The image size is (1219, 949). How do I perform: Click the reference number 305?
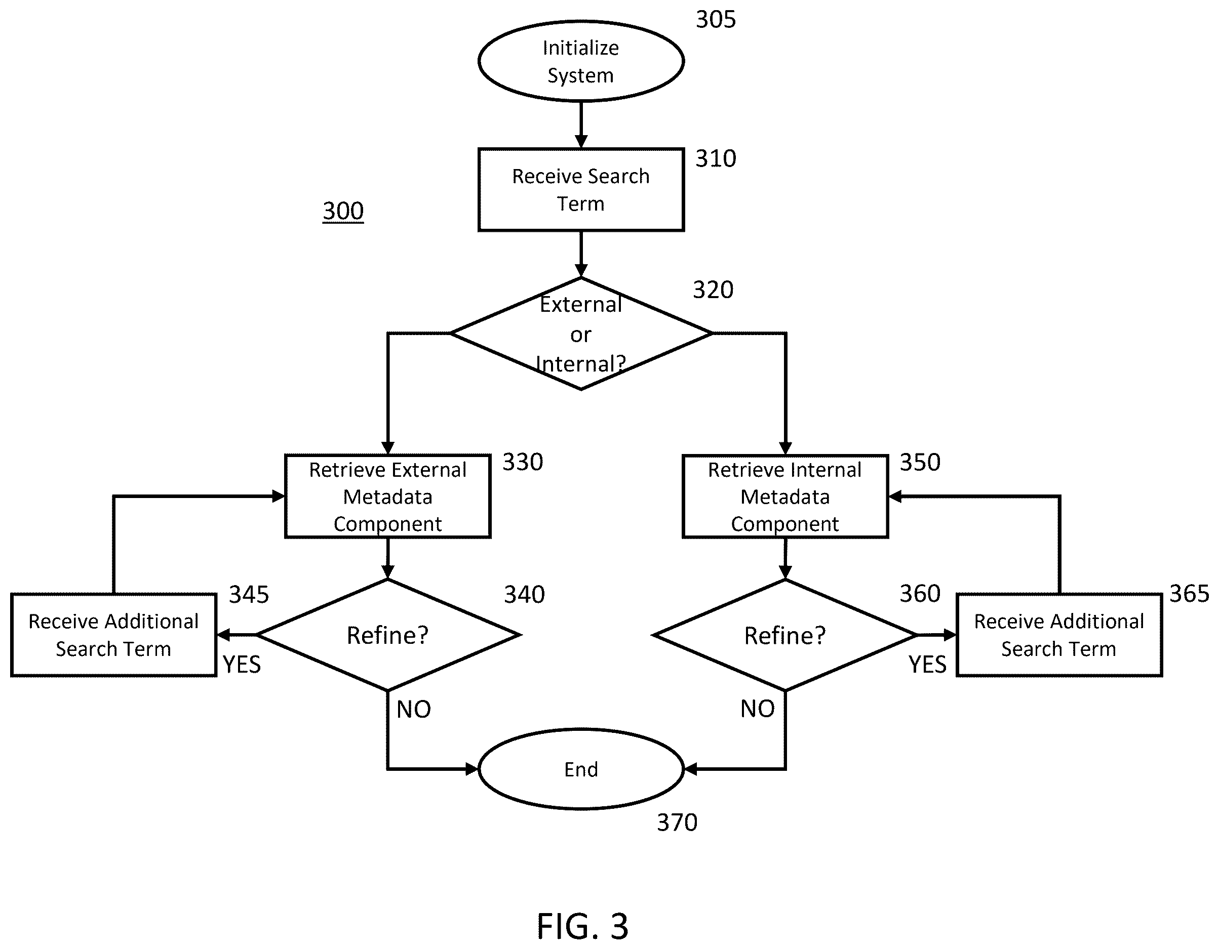pyautogui.click(x=716, y=20)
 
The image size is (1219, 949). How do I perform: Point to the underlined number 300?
pyautogui.click(x=343, y=212)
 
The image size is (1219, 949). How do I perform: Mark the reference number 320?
pyautogui.click(x=713, y=290)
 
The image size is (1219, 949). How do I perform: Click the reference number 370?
pyautogui.click(x=677, y=823)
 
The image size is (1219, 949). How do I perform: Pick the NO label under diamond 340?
pyautogui.click(x=414, y=710)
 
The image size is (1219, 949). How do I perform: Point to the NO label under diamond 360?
pyautogui.click(x=758, y=709)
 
